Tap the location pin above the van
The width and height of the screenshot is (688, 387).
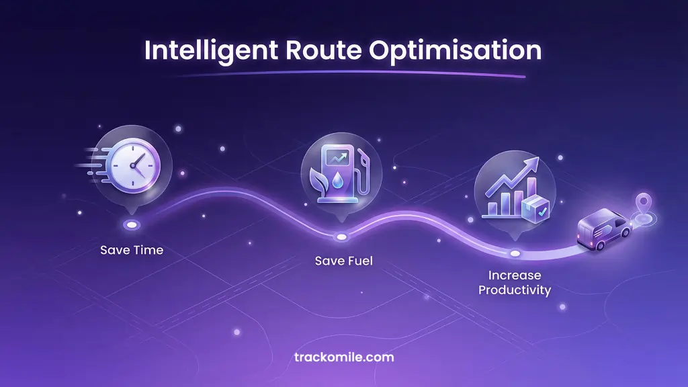(643, 203)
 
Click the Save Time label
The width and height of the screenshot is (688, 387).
(132, 250)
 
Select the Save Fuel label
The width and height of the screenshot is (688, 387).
(343, 260)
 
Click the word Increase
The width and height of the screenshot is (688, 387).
(515, 275)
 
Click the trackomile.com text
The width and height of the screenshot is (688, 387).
(344, 357)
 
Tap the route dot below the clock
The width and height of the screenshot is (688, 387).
(132, 224)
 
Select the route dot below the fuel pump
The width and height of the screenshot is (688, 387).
(342, 236)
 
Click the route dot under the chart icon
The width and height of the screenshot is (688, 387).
(515, 253)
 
